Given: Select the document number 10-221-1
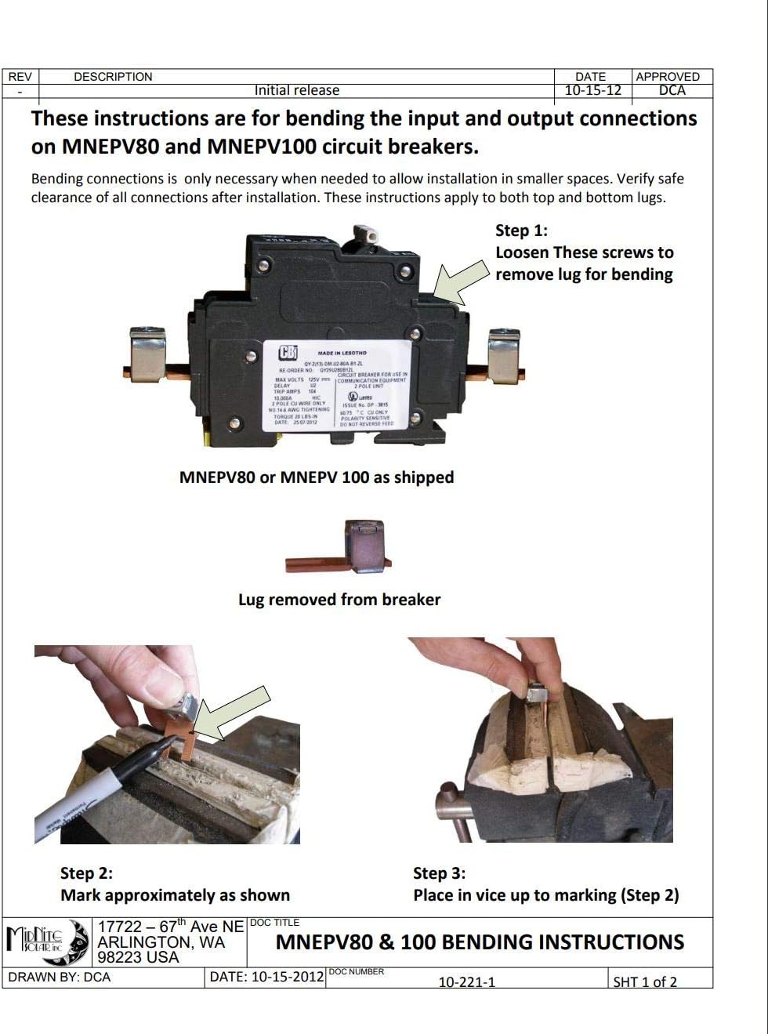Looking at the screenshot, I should tap(466, 981).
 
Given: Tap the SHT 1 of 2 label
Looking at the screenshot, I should tap(644, 981).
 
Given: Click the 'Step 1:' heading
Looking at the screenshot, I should tap(521, 230).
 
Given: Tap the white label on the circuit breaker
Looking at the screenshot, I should tap(336, 386).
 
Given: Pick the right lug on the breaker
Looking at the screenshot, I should tap(504, 357).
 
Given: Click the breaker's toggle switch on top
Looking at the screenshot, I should tap(364, 234).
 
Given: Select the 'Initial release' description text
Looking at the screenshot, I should tap(296, 90).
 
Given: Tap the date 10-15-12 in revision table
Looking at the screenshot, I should tap(592, 90).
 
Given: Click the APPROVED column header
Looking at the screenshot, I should tap(667, 77).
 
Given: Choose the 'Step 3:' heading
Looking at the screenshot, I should tap(439, 873).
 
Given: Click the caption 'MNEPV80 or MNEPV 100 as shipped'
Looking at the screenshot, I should tap(317, 477).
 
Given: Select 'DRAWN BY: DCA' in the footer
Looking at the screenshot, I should tap(60, 977).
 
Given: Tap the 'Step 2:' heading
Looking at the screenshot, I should tap(86, 873).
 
